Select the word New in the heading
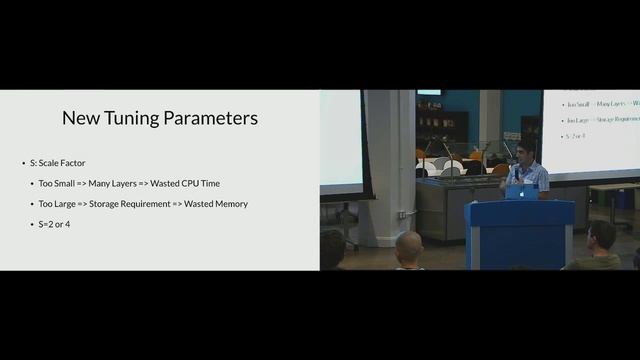(79, 118)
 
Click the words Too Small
(61, 184)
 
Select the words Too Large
(61, 204)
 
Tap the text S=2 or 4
(59, 224)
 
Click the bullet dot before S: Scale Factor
(23, 163)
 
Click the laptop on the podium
(521, 191)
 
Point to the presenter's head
(526, 149)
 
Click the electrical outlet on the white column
(401, 214)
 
